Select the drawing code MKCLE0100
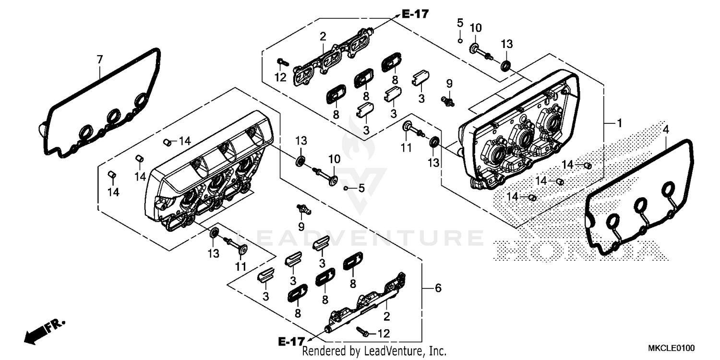click(x=672, y=347)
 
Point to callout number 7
click(x=99, y=60)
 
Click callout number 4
click(x=665, y=129)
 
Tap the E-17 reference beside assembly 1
click(x=415, y=14)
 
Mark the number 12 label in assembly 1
click(x=280, y=77)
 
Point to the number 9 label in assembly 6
click(x=301, y=225)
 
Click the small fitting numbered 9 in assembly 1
click(x=449, y=100)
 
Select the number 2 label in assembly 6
click(x=386, y=316)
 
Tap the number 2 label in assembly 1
click(x=323, y=36)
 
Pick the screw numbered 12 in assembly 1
click(x=281, y=61)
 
